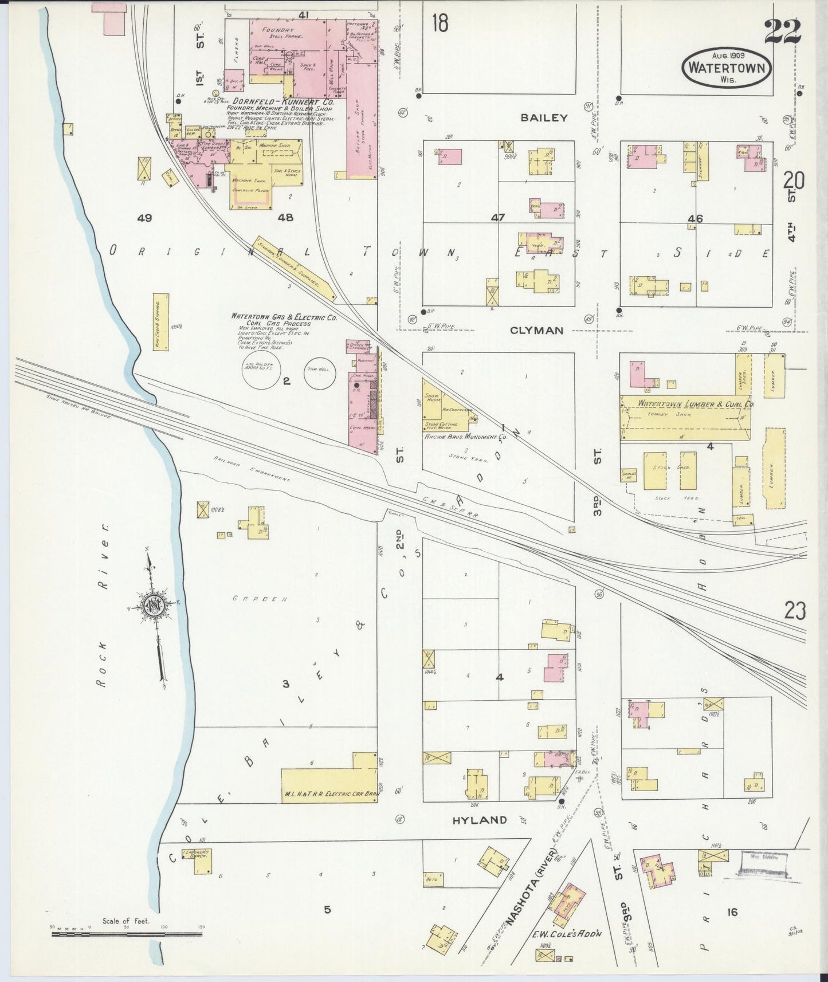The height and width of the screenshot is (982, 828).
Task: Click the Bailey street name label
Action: [x=544, y=118]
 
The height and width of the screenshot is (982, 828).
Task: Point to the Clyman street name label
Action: [x=537, y=331]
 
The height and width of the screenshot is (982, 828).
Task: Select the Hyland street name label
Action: [x=480, y=820]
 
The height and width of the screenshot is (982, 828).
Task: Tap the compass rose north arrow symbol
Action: [x=154, y=607]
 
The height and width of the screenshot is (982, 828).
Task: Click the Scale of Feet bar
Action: [x=125, y=934]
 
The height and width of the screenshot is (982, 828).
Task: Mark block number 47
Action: [x=497, y=218]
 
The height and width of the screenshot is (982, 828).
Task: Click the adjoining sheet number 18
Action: [x=440, y=23]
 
